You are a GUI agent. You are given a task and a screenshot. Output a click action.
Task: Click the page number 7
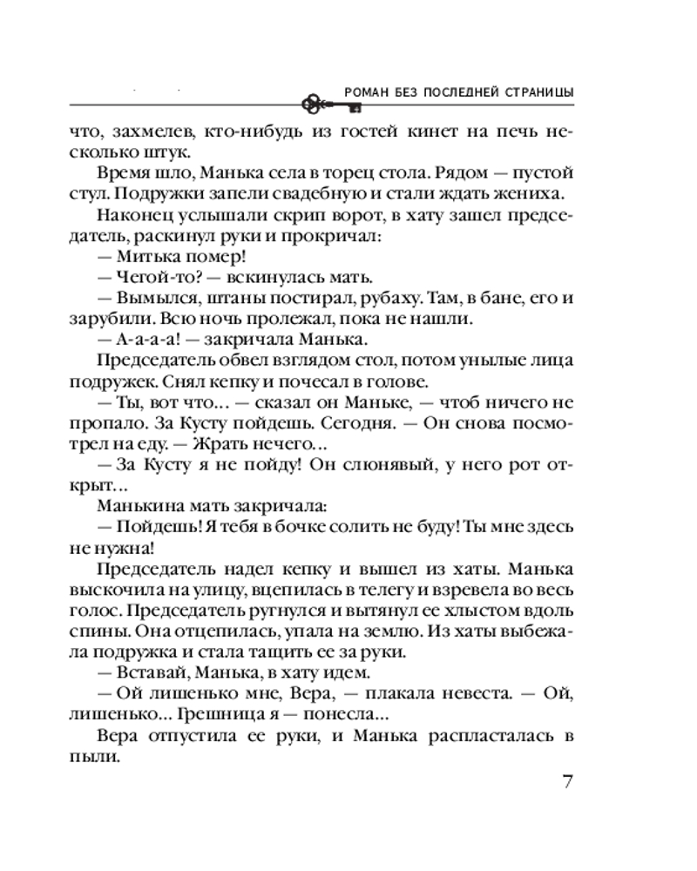[x=566, y=780]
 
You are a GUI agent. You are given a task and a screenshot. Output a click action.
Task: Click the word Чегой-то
[x=149, y=278]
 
